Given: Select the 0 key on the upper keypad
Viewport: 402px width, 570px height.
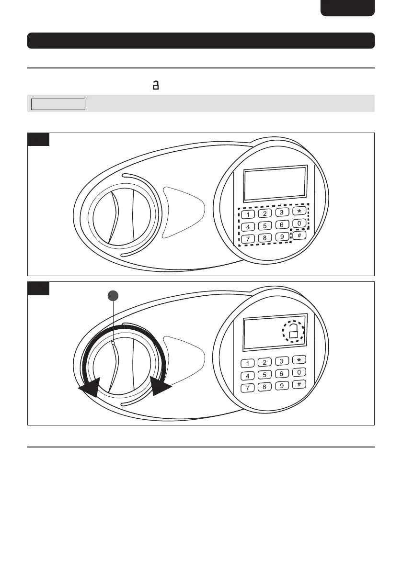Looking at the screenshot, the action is (x=299, y=223).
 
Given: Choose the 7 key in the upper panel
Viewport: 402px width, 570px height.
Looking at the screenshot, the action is (x=247, y=239).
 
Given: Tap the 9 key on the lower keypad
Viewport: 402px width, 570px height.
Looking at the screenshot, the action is (x=282, y=385).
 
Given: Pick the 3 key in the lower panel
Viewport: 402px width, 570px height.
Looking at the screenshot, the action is (x=282, y=361).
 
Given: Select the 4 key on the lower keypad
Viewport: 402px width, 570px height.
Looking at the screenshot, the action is (x=248, y=375).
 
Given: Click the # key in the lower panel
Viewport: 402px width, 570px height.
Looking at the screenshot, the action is (x=299, y=384).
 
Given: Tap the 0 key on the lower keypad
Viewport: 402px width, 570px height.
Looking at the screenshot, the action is (x=299, y=372).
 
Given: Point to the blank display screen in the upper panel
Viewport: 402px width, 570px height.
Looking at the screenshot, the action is (x=275, y=183).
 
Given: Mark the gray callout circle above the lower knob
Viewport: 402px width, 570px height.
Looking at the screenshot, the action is (x=112, y=296).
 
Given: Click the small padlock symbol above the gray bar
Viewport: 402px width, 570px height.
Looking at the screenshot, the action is (x=155, y=86).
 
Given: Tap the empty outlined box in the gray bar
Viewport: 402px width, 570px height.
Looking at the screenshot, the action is (x=58, y=104).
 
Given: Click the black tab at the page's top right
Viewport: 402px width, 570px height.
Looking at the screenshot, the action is (x=347, y=8).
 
